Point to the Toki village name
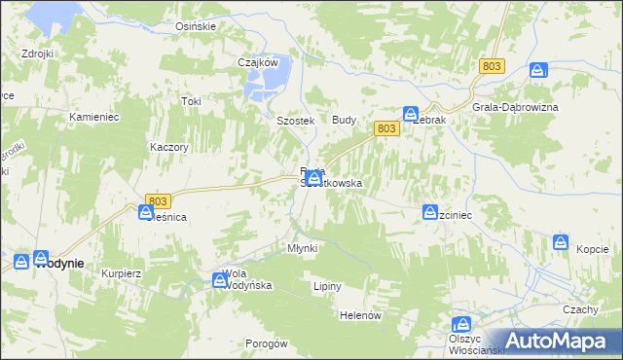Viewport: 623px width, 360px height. tap(191, 101)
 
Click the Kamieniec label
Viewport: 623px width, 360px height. tap(93, 117)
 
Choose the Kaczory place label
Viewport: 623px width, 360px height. tap(167, 147)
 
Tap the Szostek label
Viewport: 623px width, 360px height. tap(294, 121)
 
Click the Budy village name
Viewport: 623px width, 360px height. tap(345, 119)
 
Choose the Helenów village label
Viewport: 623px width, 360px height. tap(358, 316)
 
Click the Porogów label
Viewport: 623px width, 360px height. tap(266, 343)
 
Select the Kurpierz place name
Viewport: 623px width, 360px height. tap(122, 273)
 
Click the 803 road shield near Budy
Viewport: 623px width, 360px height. tap(385, 128)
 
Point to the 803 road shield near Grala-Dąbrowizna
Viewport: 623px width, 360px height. tap(491, 65)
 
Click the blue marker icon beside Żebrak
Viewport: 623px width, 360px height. tap(411, 114)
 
